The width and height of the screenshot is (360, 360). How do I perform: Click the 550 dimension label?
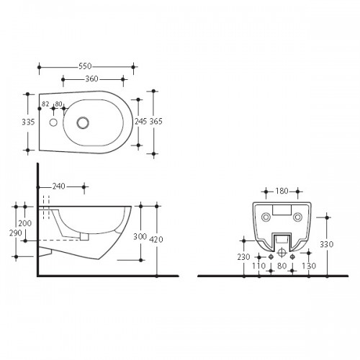click(x=85, y=66)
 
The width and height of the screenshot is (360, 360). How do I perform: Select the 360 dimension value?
click(x=91, y=78)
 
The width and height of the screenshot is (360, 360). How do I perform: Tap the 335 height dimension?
click(x=28, y=122)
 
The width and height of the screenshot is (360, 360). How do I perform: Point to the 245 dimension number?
click(x=140, y=122)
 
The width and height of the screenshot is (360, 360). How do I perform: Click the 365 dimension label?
click(x=156, y=122)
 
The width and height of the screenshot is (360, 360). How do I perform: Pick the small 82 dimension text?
click(x=45, y=104)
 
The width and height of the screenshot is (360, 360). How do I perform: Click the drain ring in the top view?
click(x=83, y=122)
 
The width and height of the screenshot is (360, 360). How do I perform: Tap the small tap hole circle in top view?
click(x=53, y=122)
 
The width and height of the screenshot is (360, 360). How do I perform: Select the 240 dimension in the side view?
click(x=59, y=186)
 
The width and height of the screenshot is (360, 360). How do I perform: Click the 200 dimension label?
click(x=25, y=223)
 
